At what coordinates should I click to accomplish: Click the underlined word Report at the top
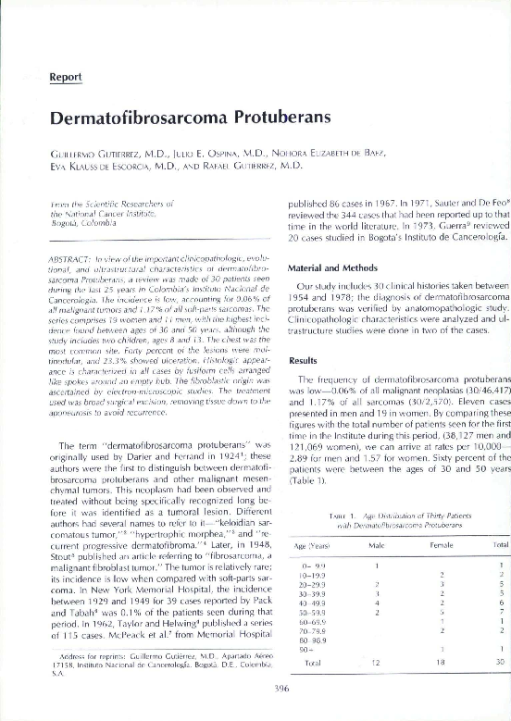68,77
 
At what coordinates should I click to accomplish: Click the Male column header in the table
375,545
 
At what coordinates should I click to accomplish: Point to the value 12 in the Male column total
375,662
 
